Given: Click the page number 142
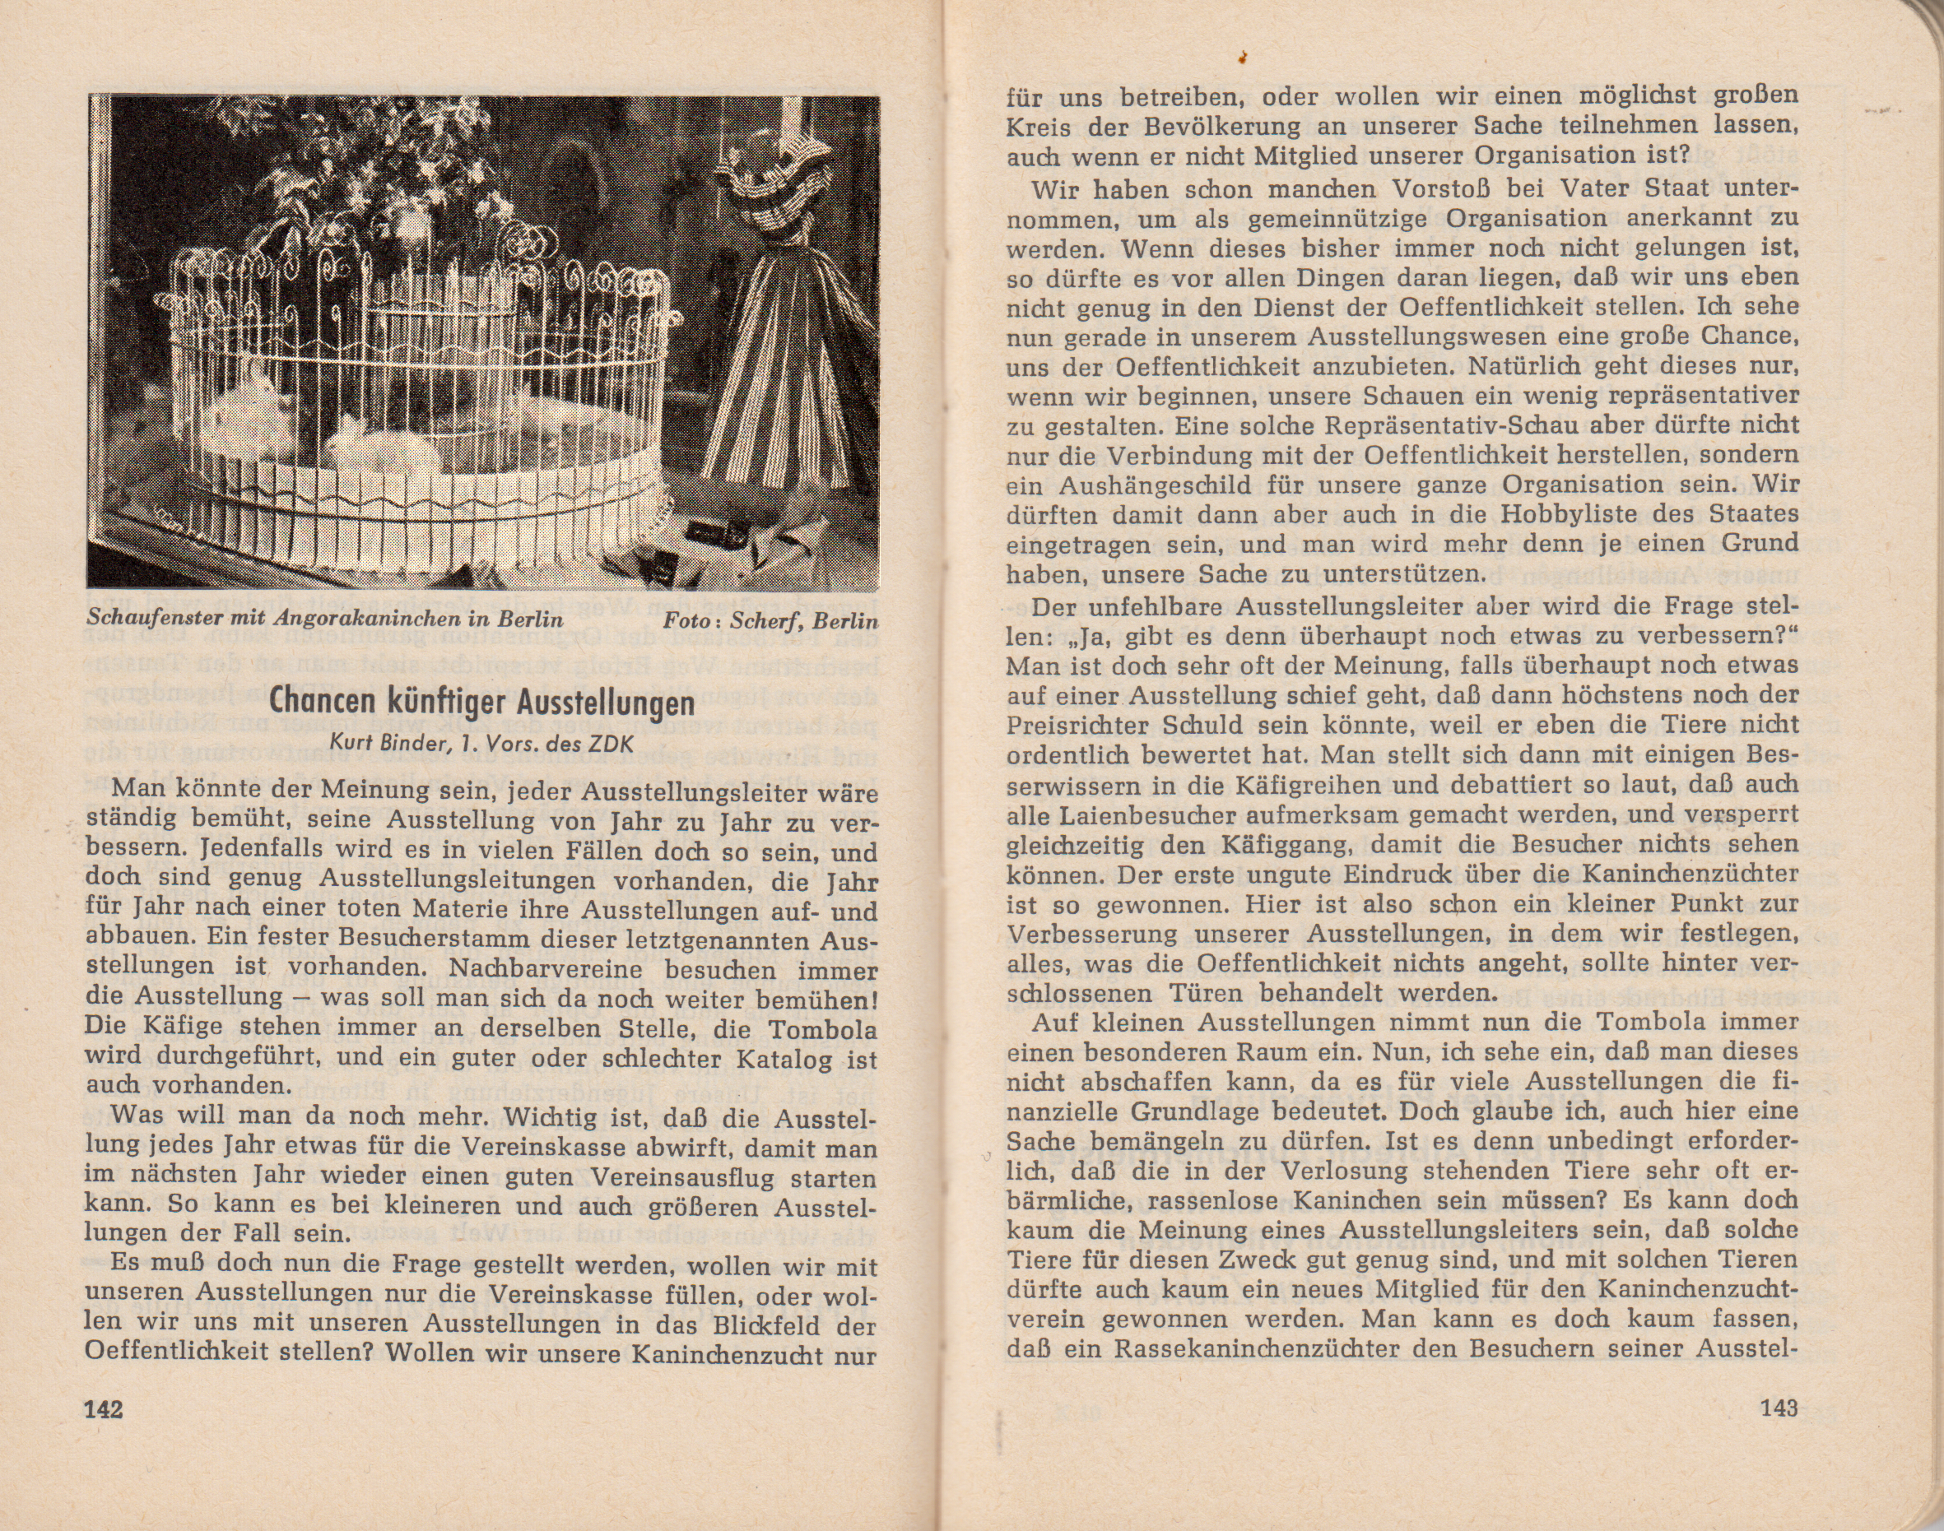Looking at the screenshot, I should tap(103, 1408).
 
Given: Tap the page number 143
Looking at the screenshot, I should tap(1779, 1408).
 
